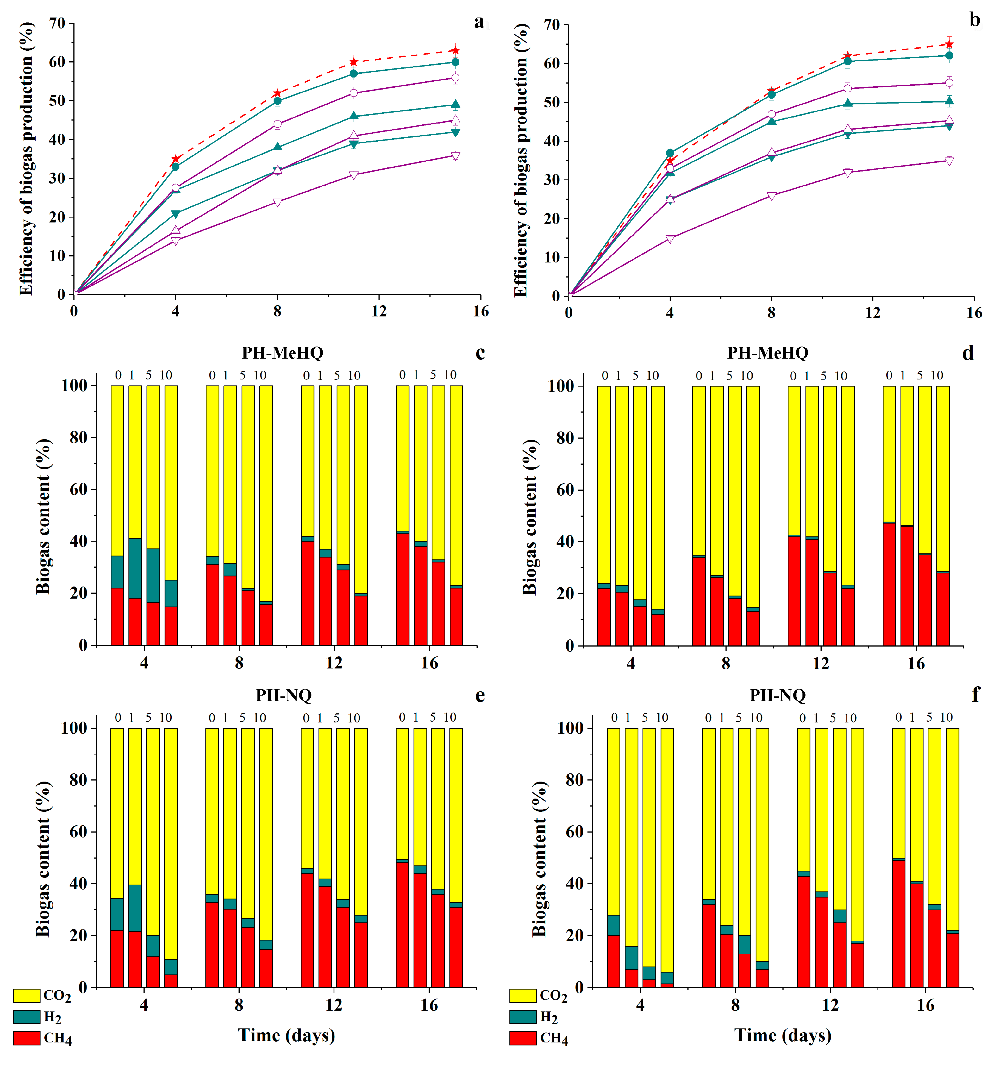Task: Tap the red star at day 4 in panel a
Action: [x=175, y=159]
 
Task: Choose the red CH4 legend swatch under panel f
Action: [x=523, y=1038]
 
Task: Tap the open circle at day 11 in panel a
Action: [x=354, y=93]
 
